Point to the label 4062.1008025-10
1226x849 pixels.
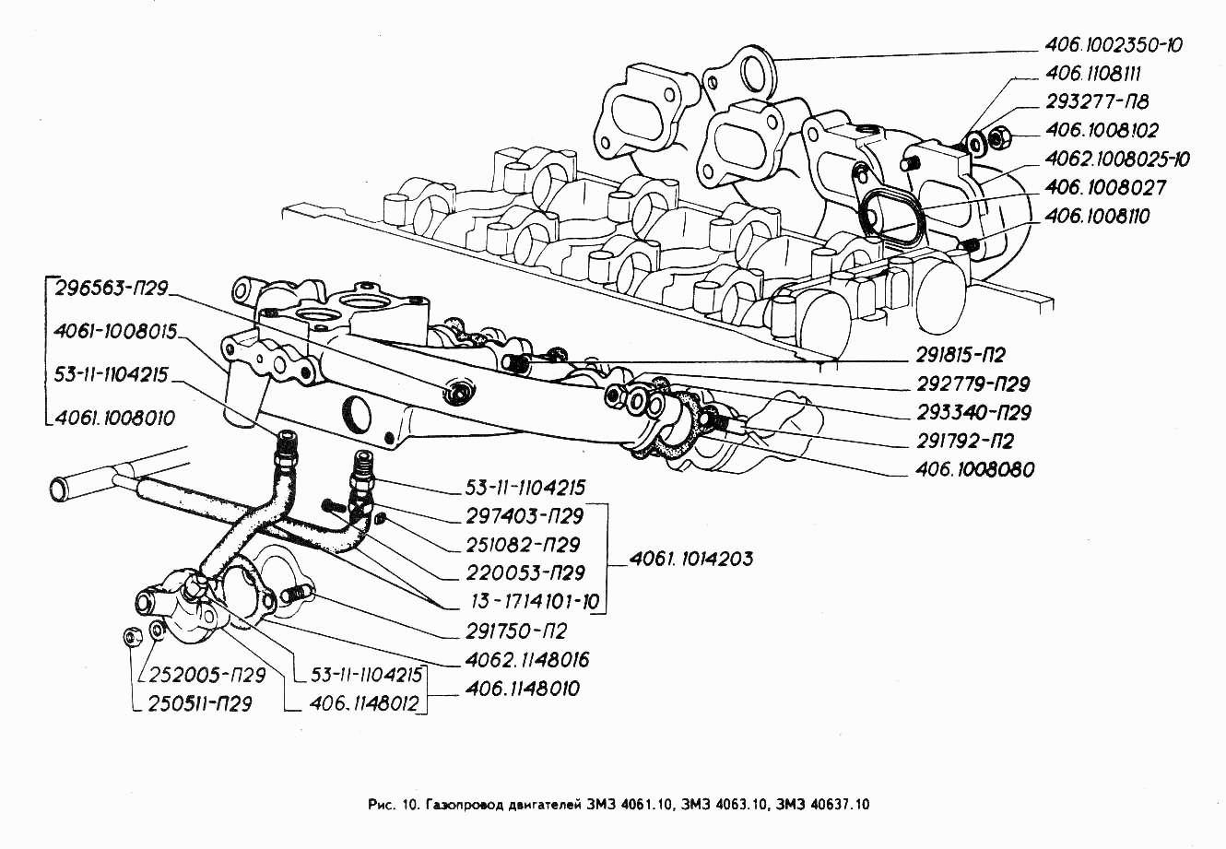[1117, 159]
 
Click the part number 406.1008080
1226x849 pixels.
[974, 469]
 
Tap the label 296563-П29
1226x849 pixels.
[111, 288]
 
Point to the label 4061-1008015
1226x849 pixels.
[115, 331]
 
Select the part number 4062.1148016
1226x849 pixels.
[528, 659]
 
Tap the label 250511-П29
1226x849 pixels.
[202, 704]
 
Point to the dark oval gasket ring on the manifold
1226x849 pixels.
[890, 217]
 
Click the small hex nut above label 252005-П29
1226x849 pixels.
[131, 636]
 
